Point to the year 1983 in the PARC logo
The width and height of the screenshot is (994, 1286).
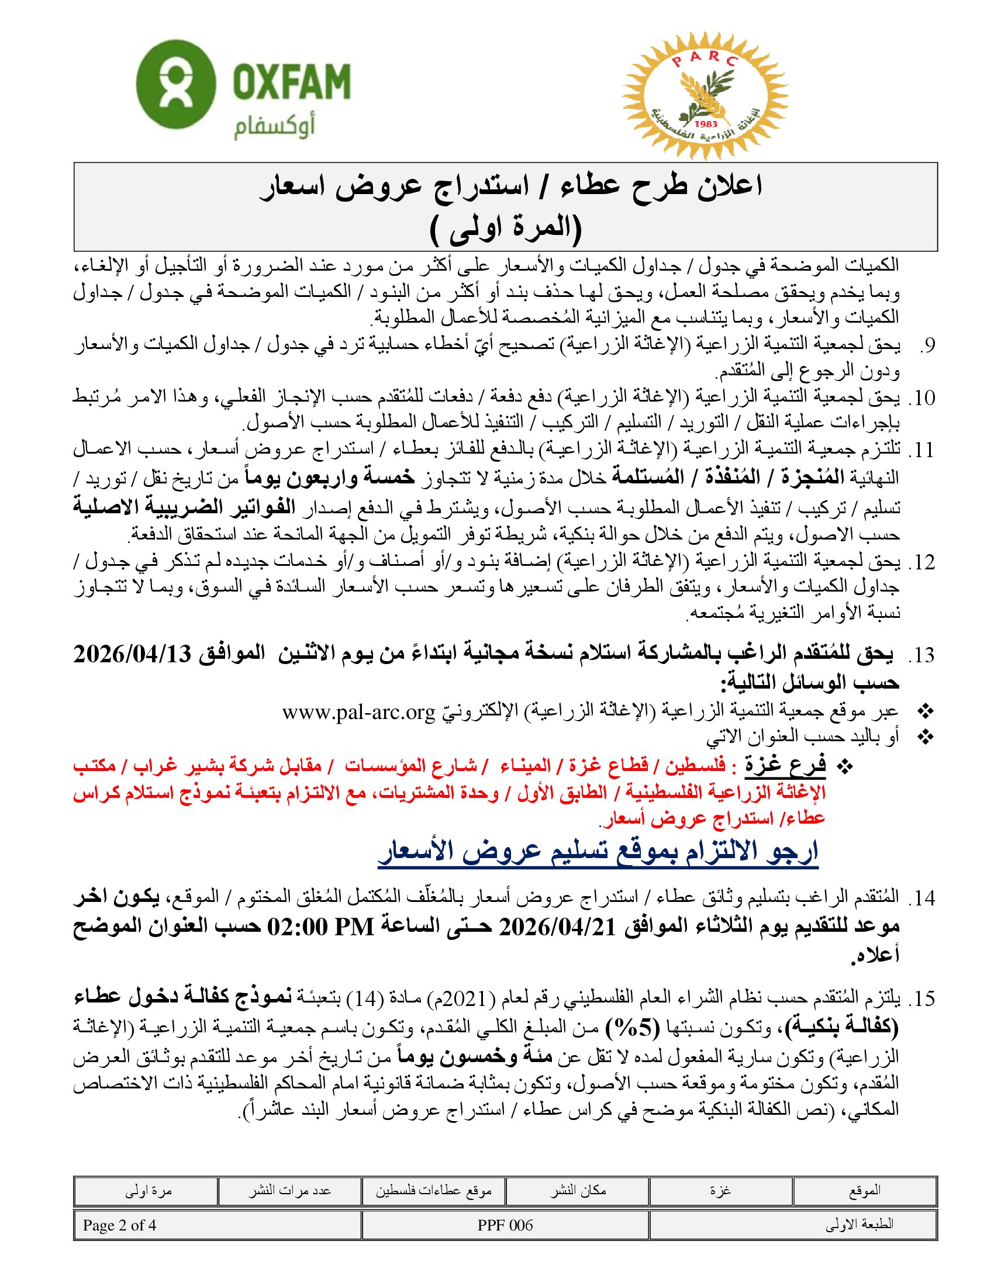tap(706, 124)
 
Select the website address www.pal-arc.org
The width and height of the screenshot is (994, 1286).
tap(358, 712)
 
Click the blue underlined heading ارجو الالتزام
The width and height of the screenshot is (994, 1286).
tap(598, 852)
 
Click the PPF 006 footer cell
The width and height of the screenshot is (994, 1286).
tap(505, 1225)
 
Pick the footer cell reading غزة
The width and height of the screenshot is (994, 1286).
tap(721, 1191)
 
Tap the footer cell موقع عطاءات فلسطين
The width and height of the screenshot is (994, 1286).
tap(434, 1191)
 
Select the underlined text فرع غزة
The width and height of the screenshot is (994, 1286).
tap(785, 765)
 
